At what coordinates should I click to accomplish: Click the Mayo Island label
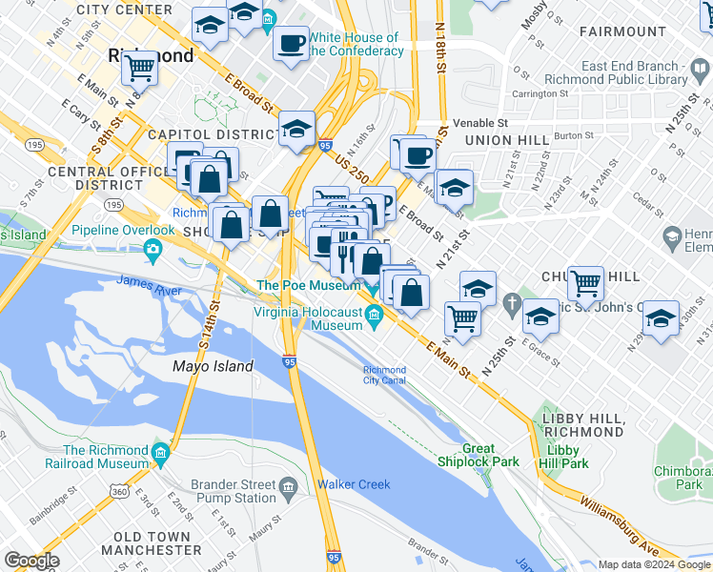click(213, 366)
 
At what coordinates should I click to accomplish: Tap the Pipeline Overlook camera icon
click(153, 251)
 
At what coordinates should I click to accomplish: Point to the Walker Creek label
click(354, 484)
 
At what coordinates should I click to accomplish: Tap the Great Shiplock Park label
click(491, 456)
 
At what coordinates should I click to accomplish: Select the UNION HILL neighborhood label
click(506, 140)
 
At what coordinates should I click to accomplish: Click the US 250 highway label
click(352, 168)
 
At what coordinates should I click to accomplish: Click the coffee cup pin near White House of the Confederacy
click(290, 42)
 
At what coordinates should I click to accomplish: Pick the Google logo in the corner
click(31, 561)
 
